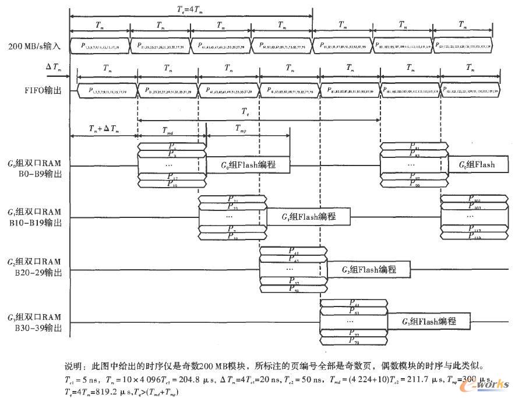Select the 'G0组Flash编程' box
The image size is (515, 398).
[x=249, y=165]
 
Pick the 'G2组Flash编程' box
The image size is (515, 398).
[x=369, y=269]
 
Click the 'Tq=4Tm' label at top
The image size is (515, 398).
[x=190, y=8]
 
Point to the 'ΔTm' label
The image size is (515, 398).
[x=53, y=68]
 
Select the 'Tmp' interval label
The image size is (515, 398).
[x=241, y=128]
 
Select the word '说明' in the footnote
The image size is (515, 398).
[x=74, y=367]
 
